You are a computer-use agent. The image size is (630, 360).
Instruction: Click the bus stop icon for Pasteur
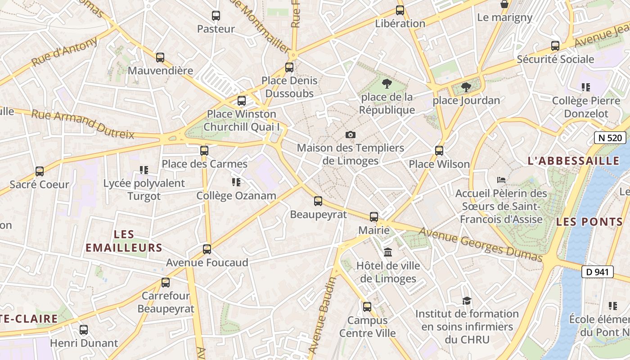216,16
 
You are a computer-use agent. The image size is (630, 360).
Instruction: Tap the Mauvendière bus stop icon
160,58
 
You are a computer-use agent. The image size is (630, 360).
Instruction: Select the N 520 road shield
610,138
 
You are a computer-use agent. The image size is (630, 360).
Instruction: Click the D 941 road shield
598,272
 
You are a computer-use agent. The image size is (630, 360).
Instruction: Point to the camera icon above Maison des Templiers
350,135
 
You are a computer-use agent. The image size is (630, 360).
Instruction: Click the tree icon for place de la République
387,83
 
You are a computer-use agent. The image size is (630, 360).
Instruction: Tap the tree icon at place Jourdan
466,87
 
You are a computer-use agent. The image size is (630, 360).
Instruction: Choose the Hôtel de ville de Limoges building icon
388,252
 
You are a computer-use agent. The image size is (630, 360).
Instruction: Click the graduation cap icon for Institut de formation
467,300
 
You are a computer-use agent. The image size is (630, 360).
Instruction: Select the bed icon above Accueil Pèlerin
501,180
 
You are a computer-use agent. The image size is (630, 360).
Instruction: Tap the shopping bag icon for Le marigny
505,4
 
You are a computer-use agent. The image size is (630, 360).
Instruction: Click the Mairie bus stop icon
374,217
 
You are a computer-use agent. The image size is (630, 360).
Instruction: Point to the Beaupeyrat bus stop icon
318,201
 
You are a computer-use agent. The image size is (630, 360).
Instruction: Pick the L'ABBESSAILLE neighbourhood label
573,161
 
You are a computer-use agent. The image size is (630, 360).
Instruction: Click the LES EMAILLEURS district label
124,241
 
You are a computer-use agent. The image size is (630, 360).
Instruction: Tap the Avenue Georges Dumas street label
481,245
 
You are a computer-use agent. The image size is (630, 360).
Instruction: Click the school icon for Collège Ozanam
236,182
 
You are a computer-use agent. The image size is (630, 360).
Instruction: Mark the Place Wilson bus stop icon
439,151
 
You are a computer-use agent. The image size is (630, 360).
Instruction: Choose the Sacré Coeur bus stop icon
40,171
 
